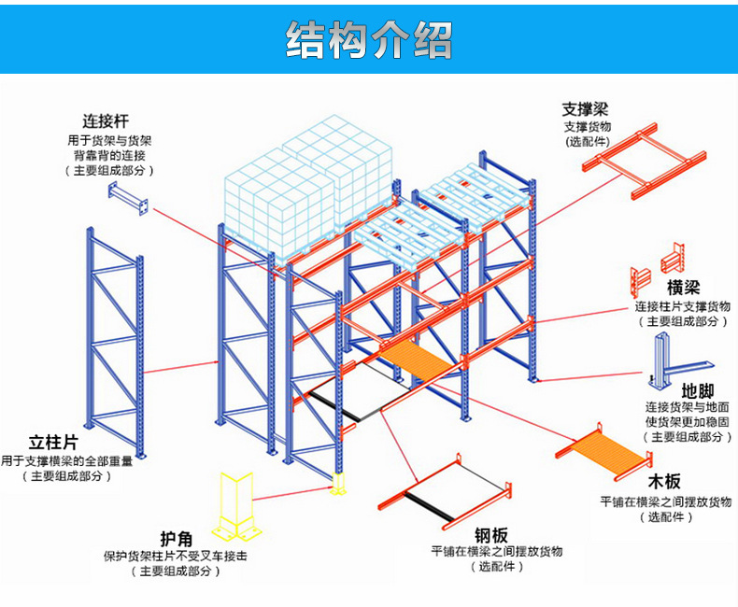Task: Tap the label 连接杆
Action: click(105, 121)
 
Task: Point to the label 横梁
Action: click(683, 287)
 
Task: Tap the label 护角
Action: click(177, 539)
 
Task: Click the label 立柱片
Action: click(53, 443)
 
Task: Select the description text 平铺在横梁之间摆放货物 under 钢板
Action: click(496, 552)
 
